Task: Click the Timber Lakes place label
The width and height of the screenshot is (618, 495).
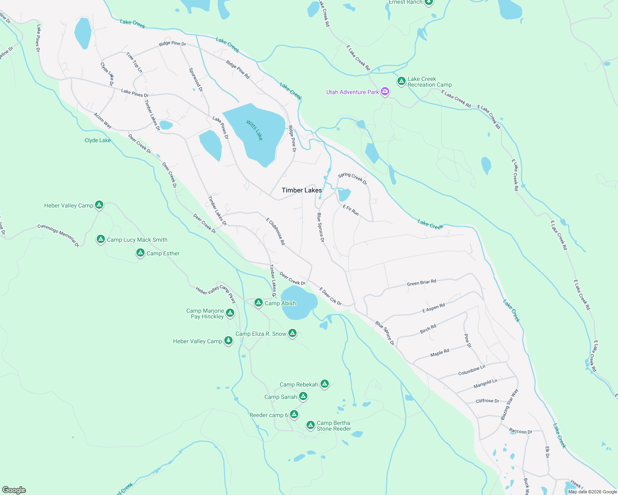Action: [302, 190]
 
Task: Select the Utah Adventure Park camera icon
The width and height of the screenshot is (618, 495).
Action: [385, 92]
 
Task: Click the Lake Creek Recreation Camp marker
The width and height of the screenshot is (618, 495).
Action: [401, 81]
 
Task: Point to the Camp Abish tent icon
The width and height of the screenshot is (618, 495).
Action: [259, 303]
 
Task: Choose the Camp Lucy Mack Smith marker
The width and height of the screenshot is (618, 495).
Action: [100, 239]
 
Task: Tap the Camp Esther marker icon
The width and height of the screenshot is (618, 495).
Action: [140, 253]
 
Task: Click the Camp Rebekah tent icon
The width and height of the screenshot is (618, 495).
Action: [325, 384]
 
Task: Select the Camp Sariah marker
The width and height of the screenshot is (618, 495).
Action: [303, 396]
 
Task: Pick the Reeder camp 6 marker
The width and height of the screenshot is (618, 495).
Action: [294, 414]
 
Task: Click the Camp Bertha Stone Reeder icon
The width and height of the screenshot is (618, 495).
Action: [311, 425]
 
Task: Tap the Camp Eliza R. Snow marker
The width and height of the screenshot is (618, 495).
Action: [292, 333]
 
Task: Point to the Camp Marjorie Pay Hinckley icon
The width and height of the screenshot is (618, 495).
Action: [230, 313]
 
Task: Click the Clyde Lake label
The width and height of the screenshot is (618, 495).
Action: [97, 140]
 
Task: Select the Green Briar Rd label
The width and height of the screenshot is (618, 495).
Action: [421, 283]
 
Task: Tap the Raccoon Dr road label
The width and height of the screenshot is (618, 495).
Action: [521, 431]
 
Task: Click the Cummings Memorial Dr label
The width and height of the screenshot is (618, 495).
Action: [58, 235]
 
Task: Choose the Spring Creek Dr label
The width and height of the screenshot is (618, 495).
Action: [352, 178]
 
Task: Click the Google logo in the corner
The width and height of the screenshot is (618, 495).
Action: [14, 490]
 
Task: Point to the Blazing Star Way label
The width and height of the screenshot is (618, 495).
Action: [509, 405]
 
